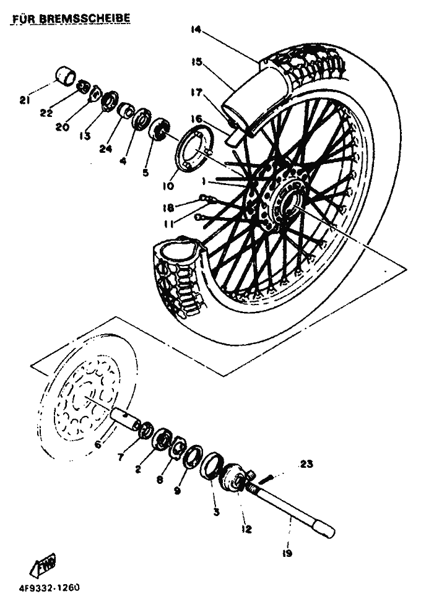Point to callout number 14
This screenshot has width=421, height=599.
pyautogui.click(x=197, y=29)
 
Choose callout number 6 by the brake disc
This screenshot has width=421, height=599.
pyautogui.click(x=97, y=444)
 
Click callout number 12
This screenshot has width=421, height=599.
pyautogui.click(x=247, y=529)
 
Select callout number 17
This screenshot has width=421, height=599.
pyautogui.click(x=197, y=93)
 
